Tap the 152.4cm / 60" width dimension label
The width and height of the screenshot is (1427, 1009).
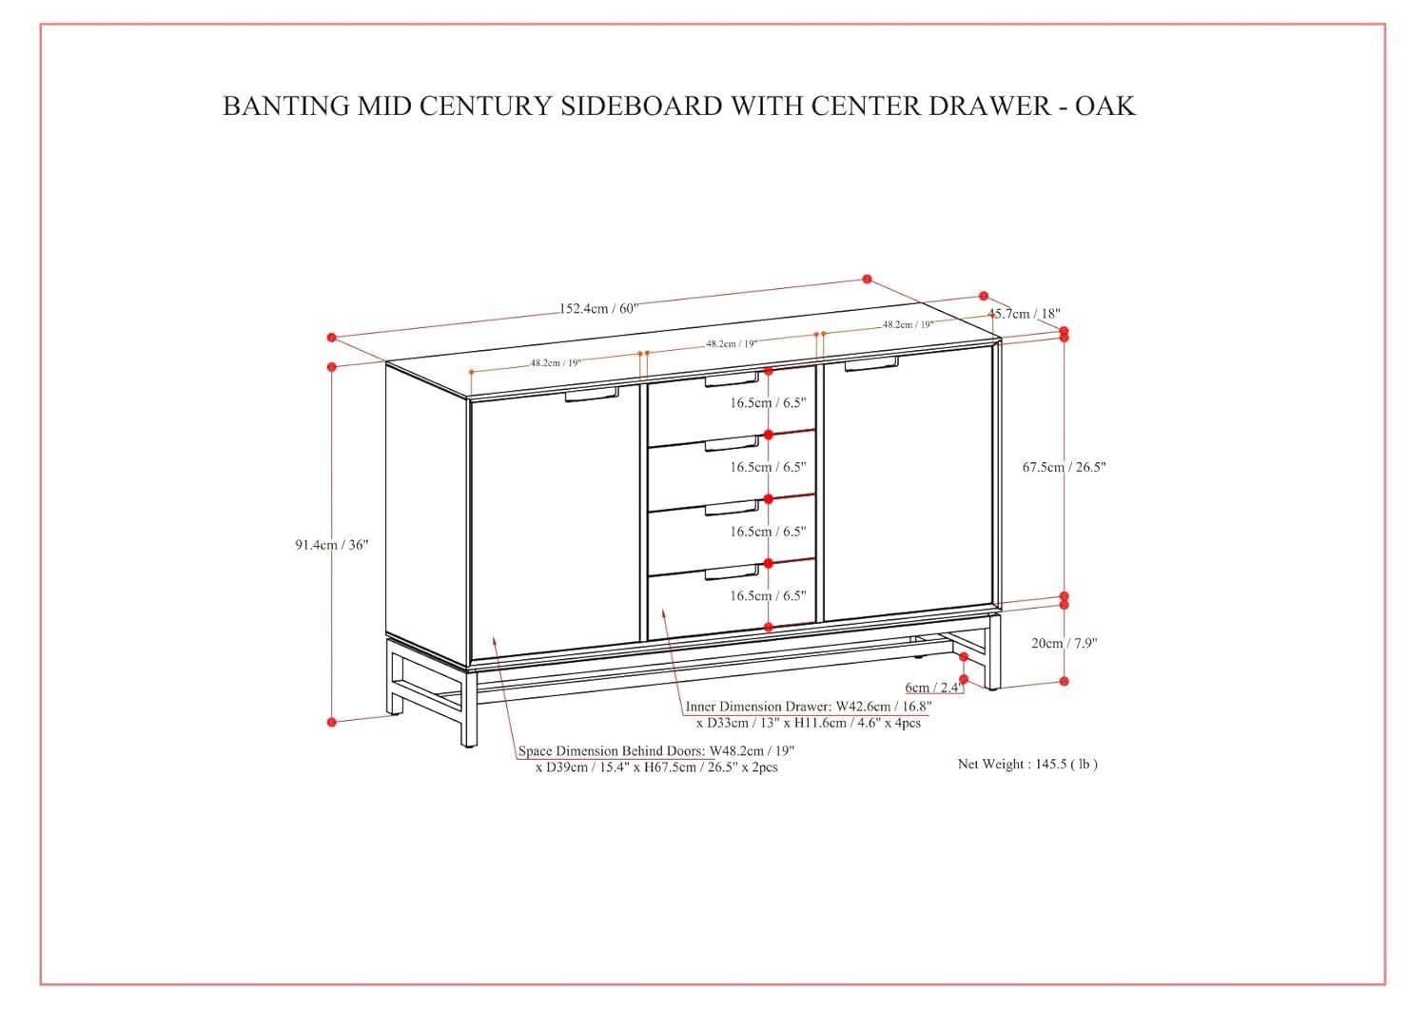point(597,308)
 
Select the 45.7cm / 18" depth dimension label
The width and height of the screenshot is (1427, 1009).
point(1024,313)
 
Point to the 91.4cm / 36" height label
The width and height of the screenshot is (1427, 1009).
point(331,545)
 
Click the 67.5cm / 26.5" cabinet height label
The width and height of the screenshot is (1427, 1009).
point(1064,467)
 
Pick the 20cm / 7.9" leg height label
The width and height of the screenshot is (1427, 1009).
point(1064,643)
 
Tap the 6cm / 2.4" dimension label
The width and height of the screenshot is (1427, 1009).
point(934,687)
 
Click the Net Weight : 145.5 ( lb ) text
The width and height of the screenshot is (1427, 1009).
point(1027,764)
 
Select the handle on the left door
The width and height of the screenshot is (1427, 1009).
point(591,395)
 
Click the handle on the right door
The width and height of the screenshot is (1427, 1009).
point(870,364)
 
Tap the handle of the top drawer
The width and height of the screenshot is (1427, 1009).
point(732,381)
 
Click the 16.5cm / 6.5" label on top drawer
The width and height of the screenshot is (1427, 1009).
point(768,402)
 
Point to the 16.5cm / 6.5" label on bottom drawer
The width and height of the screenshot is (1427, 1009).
point(768,595)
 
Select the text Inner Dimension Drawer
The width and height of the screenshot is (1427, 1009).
point(759,707)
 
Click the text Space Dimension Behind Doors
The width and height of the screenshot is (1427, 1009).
point(612,751)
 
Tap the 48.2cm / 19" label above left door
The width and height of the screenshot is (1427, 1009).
point(556,362)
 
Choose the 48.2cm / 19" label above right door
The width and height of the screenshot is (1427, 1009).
point(908,324)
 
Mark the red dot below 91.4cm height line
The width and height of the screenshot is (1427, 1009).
point(332,722)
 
